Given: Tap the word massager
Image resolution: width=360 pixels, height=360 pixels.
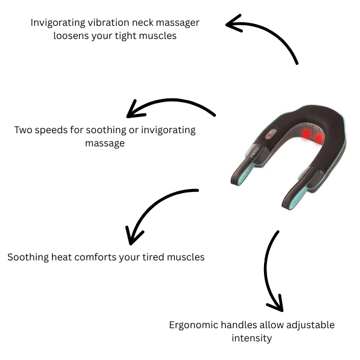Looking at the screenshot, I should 175,23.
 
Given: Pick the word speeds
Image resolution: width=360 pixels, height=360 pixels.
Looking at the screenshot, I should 55,130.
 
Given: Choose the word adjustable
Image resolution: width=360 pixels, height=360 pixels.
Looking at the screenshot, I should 305,325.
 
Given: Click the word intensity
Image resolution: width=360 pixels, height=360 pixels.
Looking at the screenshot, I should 252,338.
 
